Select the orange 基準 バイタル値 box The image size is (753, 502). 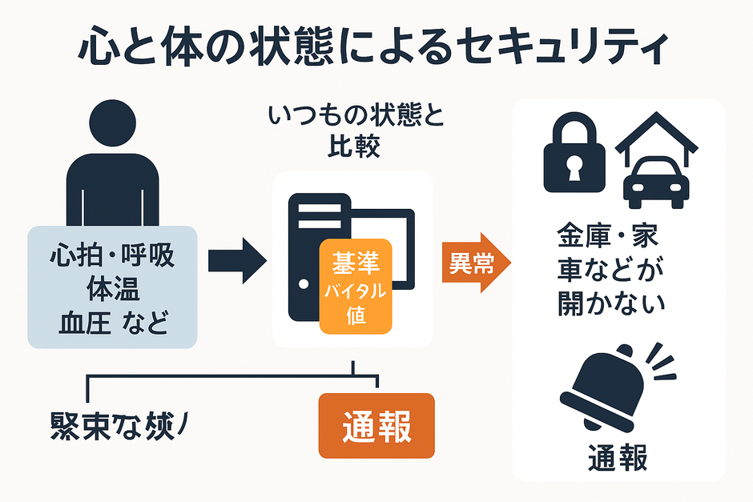(356, 286)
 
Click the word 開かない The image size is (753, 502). (613, 305)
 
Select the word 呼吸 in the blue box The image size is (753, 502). (148, 259)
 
